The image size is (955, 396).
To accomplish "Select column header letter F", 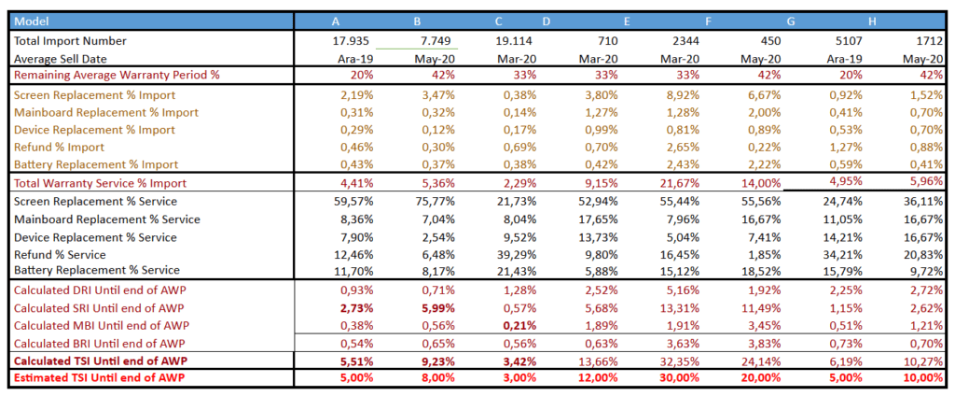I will coord(709,21).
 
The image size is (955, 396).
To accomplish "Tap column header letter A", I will coord(335,21).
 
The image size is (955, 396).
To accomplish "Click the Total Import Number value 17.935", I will coord(353,40).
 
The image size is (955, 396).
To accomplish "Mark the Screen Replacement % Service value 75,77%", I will coord(435,201).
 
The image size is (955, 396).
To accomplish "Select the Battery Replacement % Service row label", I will coord(96,271).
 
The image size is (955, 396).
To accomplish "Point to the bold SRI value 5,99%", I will coord(436,307).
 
